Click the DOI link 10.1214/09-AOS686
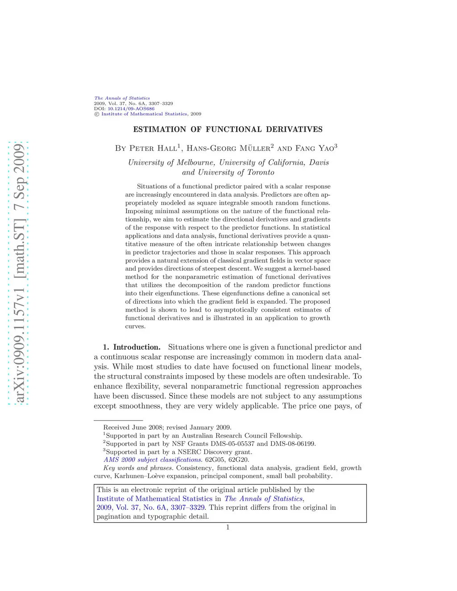point(131,108)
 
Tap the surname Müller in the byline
point(254,148)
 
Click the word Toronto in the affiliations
point(261,172)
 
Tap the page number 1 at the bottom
point(228,527)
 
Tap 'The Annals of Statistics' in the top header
point(122,98)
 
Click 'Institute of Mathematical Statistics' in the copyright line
point(144,114)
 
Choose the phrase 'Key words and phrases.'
point(138,468)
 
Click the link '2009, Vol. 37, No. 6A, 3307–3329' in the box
point(151,508)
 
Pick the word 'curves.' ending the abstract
point(135,326)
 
